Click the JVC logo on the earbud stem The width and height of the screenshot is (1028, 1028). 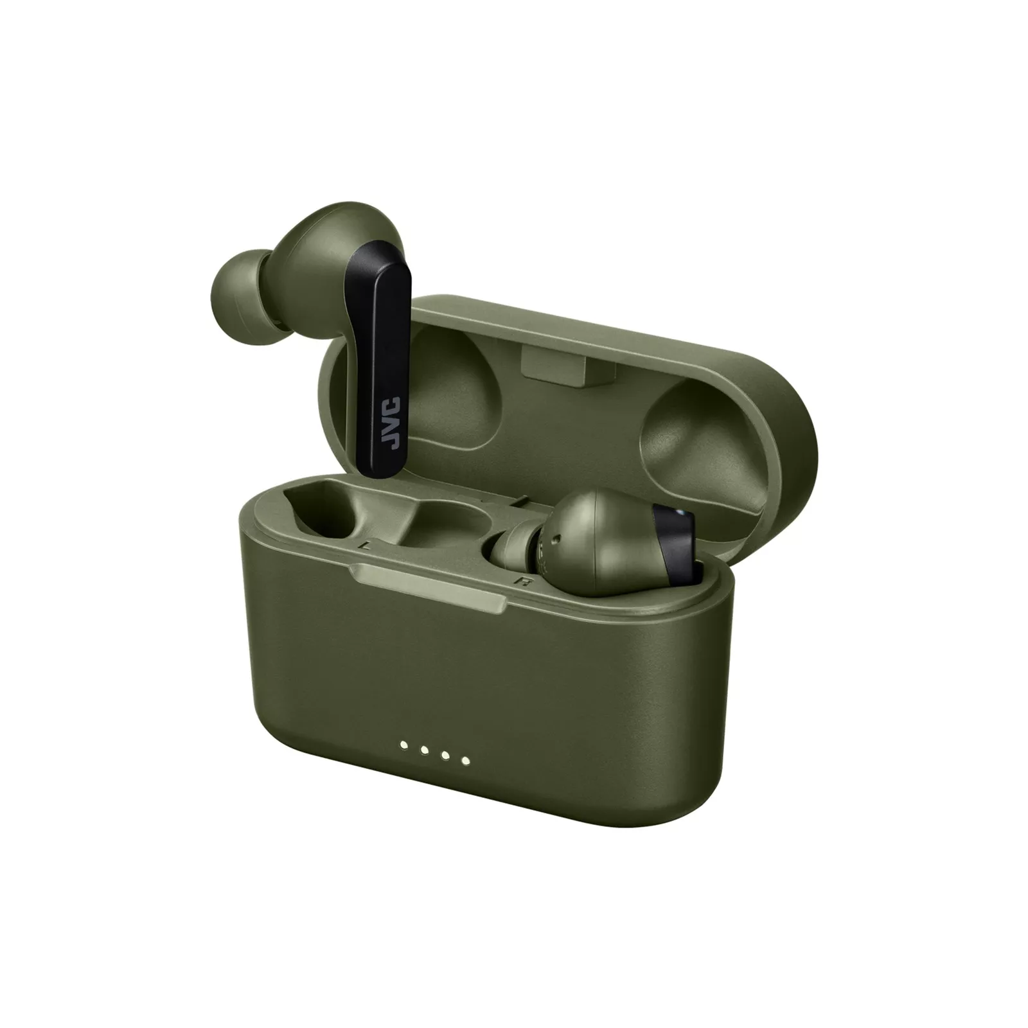(393, 422)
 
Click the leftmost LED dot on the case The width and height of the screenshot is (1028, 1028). (404, 745)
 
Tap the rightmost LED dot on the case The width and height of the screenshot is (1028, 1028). (466, 761)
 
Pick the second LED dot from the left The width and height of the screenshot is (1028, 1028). (425, 750)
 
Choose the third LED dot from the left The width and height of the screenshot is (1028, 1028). (445, 756)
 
